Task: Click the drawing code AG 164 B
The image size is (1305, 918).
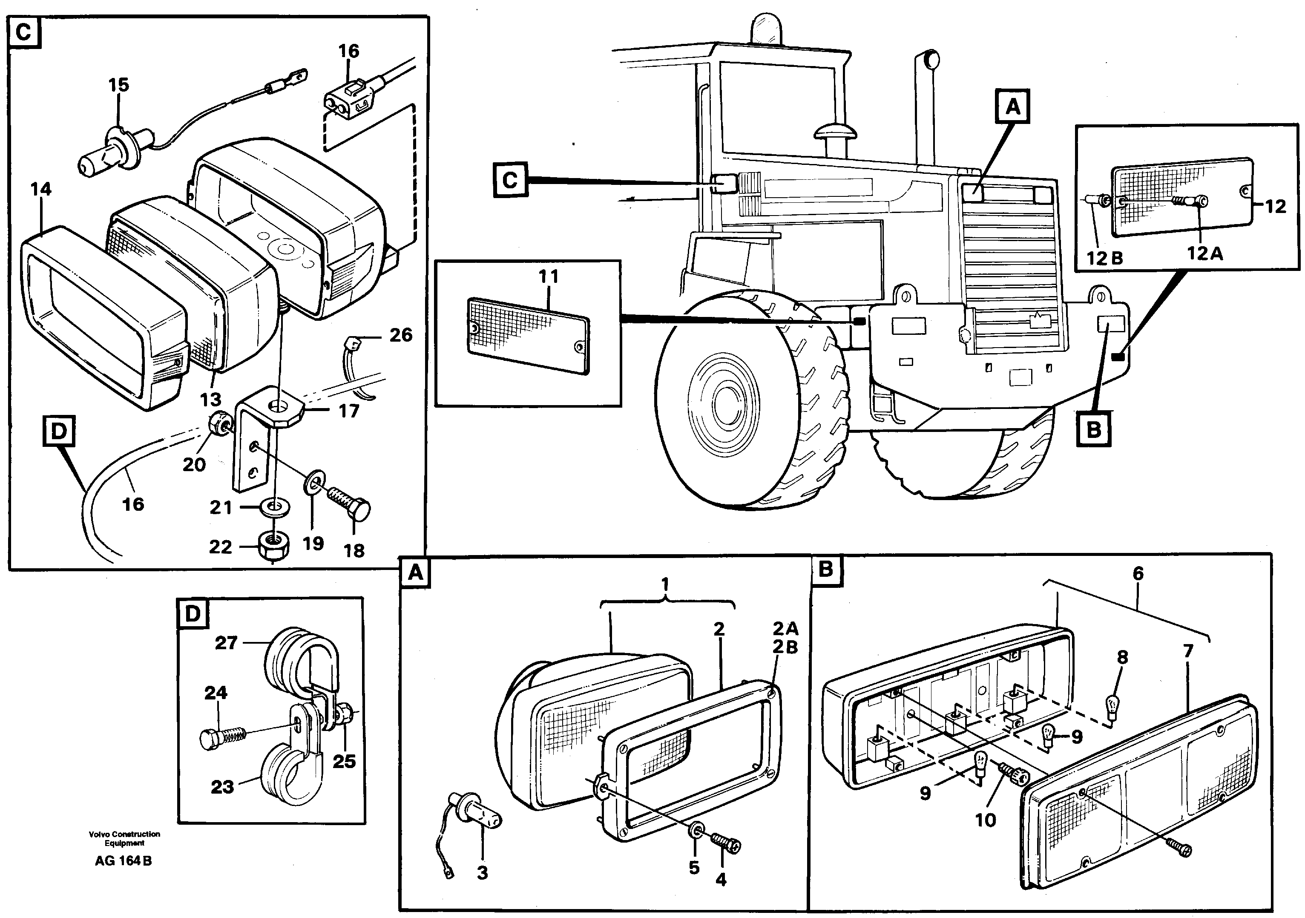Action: pyautogui.click(x=124, y=860)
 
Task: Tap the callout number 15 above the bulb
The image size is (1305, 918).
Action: pyautogui.click(x=119, y=85)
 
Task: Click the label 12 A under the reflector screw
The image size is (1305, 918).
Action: pyautogui.click(x=1205, y=253)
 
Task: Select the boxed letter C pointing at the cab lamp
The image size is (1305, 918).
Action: pyautogui.click(x=510, y=180)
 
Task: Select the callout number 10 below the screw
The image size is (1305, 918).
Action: pyautogui.click(x=986, y=820)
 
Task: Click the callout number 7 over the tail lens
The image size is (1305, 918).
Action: pyautogui.click(x=1188, y=651)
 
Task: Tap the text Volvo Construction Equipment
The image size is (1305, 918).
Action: pyautogui.click(x=124, y=838)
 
